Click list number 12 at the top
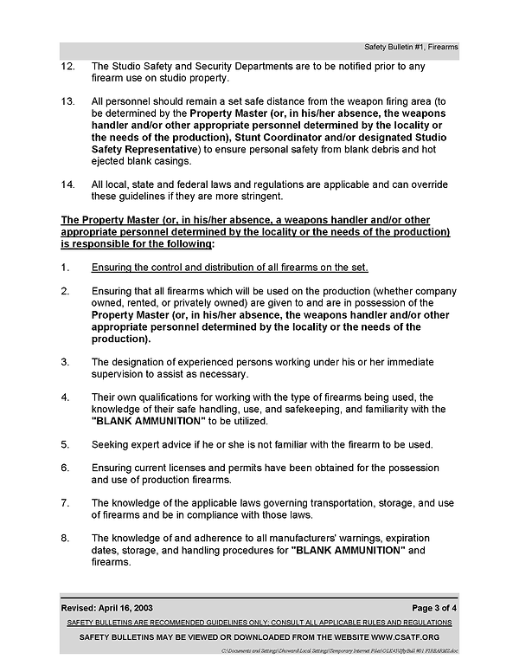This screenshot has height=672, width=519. click(67, 67)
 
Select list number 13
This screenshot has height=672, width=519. click(67, 101)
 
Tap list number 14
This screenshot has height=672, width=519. click(67, 184)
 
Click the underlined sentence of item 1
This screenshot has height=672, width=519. click(230, 267)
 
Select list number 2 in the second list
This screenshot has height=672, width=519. click(64, 290)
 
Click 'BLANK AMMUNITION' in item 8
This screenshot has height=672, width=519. click(350, 550)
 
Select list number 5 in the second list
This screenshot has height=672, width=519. click(64, 444)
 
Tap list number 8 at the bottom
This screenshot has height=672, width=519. click(64, 538)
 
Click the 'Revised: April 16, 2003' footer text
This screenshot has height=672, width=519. click(107, 606)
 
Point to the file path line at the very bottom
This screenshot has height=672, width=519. click(340, 649)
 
